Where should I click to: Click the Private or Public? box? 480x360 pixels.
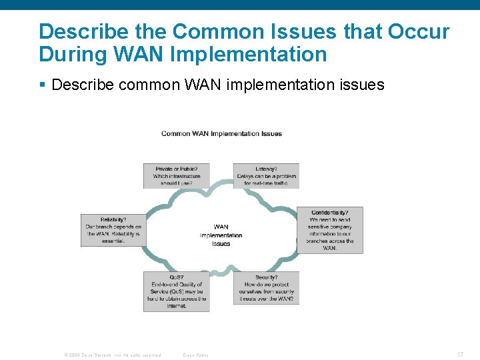177,175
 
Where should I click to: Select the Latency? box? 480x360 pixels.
266,175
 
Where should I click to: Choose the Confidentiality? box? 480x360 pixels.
329,230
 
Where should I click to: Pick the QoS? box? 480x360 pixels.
177,291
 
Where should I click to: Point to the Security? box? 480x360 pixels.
266,288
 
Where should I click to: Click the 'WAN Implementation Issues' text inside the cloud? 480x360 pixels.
221,235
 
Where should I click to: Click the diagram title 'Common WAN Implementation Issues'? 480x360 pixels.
221,134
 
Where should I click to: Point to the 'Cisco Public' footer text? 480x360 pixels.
195,355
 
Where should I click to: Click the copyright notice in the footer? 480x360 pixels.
112,355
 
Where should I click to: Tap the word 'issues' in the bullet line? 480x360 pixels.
360,85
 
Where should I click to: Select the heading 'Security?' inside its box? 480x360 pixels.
267,277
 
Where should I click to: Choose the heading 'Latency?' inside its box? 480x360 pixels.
267,169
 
